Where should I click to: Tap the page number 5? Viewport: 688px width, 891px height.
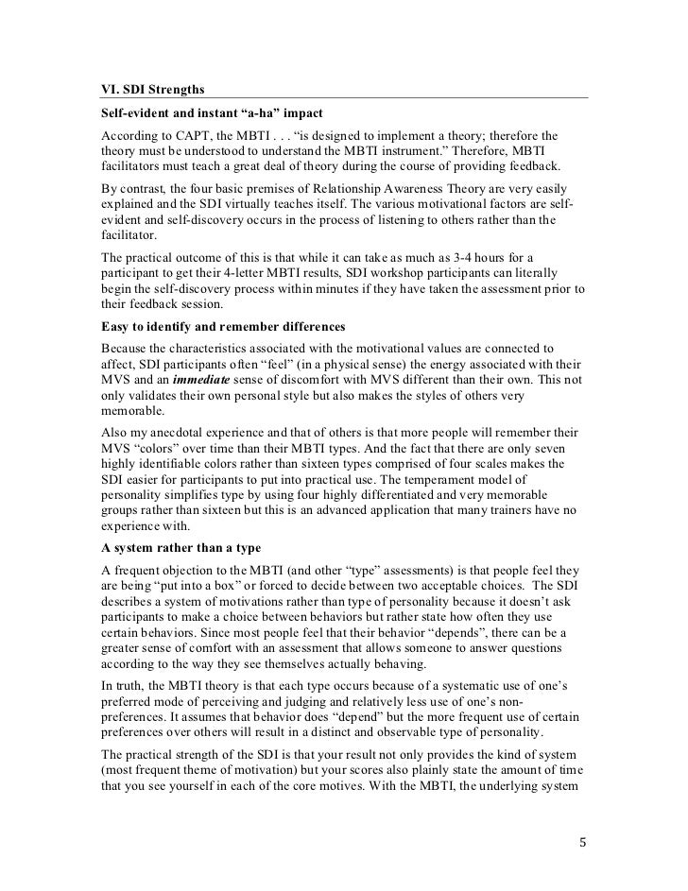pos(581,839)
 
